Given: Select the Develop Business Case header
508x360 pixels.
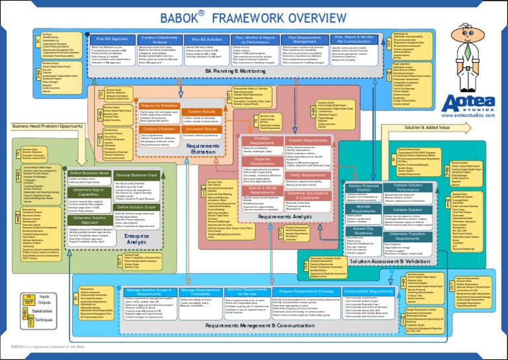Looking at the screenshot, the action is [x=136, y=175].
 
